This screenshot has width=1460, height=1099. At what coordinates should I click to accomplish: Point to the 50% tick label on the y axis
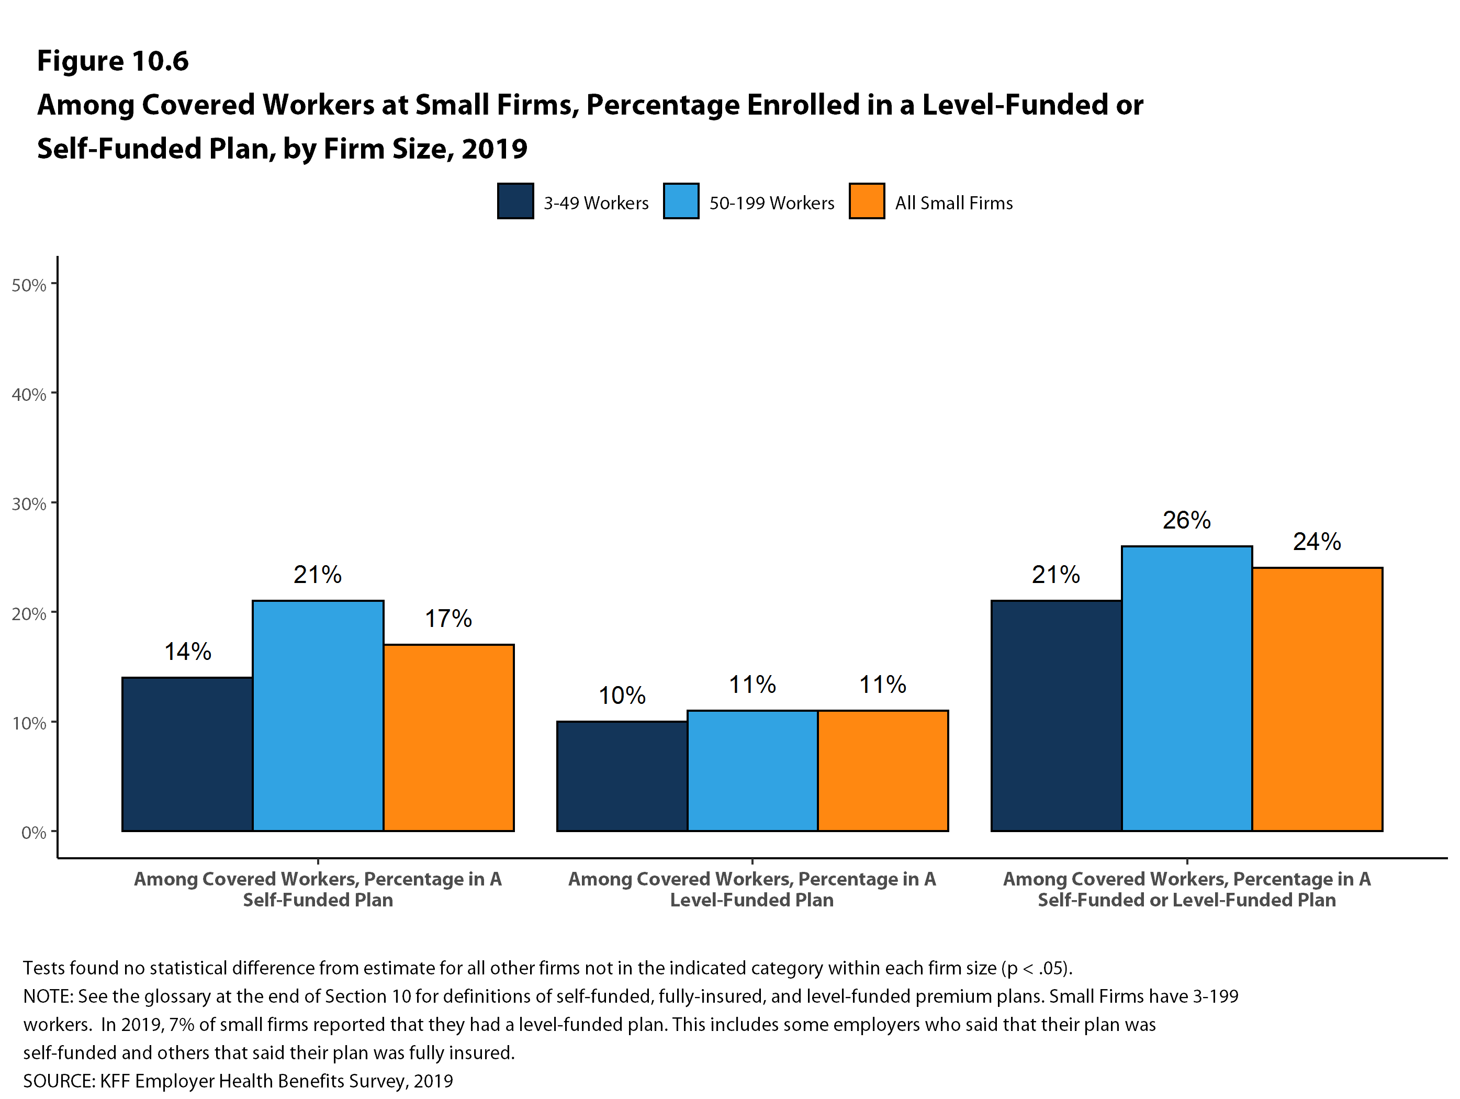[x=29, y=286]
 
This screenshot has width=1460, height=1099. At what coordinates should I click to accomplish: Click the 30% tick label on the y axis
[x=29, y=505]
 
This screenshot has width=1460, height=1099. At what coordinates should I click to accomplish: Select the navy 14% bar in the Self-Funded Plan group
[x=187, y=754]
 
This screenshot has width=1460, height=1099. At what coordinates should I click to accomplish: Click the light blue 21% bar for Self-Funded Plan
[x=318, y=715]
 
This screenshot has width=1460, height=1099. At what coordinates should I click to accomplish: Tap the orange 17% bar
[x=449, y=737]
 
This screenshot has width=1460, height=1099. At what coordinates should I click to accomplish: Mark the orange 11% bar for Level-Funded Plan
[x=883, y=770]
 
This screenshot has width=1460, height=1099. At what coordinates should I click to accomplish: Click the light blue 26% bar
[x=1187, y=688]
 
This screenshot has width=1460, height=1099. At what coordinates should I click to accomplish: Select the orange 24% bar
[x=1318, y=699]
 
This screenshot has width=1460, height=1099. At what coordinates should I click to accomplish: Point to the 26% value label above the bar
[x=1187, y=521]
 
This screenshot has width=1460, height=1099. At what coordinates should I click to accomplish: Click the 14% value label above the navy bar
[x=187, y=652]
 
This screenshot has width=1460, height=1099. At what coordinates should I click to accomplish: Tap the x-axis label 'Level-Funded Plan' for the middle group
[x=752, y=900]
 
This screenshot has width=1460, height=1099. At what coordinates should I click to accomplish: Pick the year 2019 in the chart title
[x=495, y=149]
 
